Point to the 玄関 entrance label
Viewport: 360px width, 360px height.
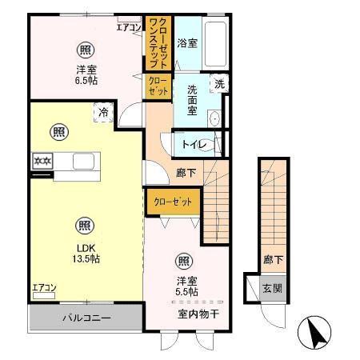(270, 289)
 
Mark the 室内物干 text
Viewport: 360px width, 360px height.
(198, 312)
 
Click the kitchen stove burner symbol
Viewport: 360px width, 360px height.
(42, 162)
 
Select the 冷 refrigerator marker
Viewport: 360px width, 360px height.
(103, 114)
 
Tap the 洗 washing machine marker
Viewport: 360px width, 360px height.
(219, 83)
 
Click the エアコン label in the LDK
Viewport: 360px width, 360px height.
(44, 287)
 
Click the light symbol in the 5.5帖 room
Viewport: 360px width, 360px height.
(183, 260)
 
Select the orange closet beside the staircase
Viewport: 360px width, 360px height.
(173, 202)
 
